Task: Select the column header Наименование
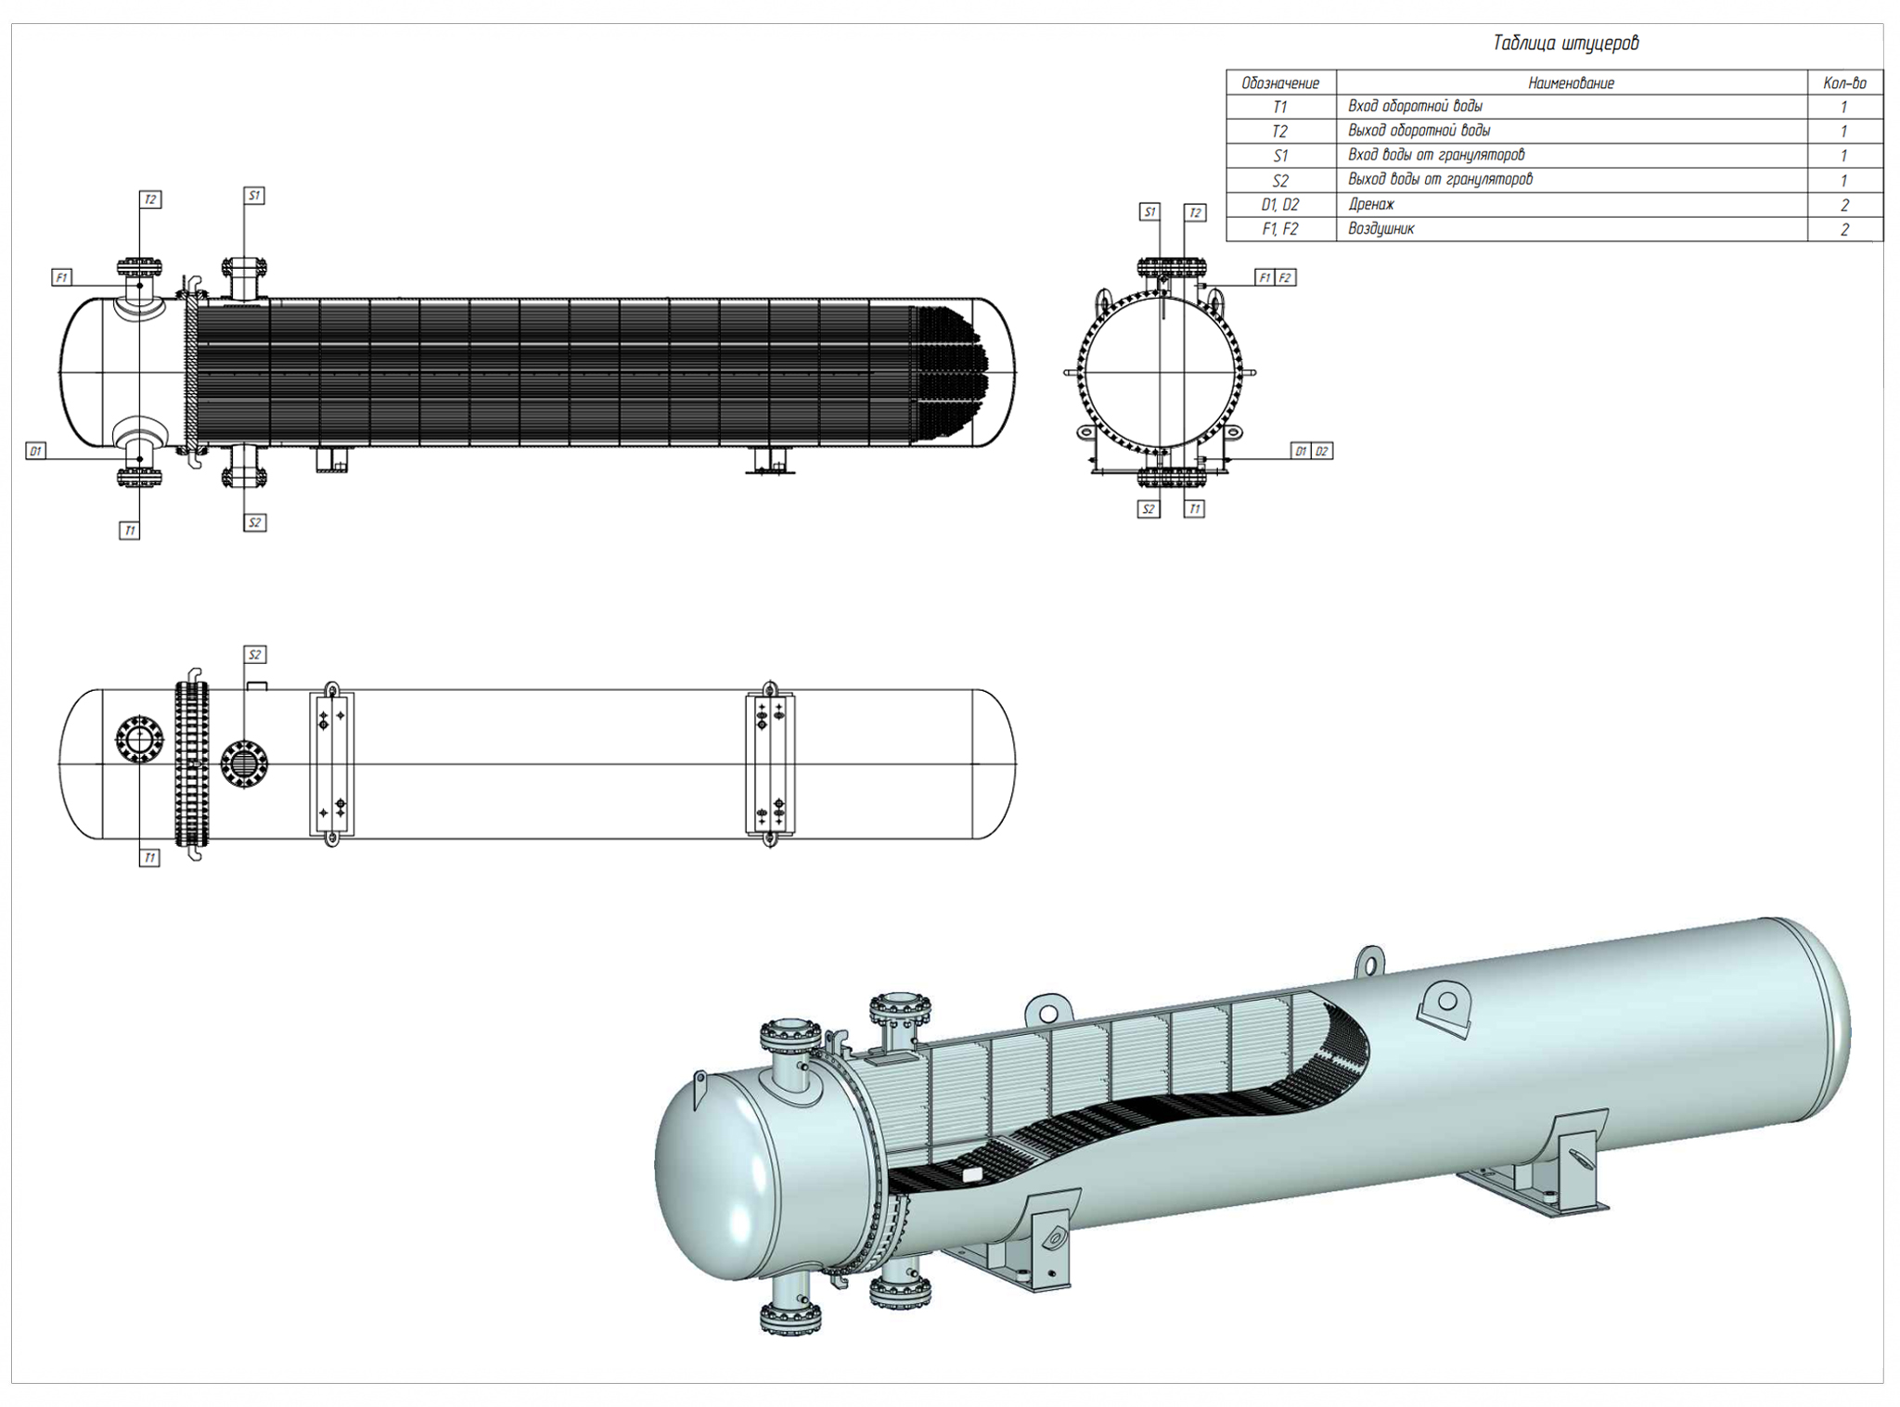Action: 1571,83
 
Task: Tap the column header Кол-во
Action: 1843,83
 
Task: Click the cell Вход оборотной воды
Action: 1415,107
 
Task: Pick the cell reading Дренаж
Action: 1371,205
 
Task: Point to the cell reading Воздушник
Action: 1380,229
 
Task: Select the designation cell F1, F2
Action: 1280,230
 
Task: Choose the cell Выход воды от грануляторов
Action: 1440,180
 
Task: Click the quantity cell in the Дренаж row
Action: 1843,205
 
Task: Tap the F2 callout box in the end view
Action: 1285,277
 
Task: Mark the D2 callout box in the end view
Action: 1322,452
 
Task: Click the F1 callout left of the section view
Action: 61,277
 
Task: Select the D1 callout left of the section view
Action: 35,452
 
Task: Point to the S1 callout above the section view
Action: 254,196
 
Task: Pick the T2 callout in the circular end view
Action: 1195,213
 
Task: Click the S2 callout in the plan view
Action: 254,655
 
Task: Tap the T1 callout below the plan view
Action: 149,858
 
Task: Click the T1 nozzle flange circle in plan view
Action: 139,739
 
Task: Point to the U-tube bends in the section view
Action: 951,371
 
